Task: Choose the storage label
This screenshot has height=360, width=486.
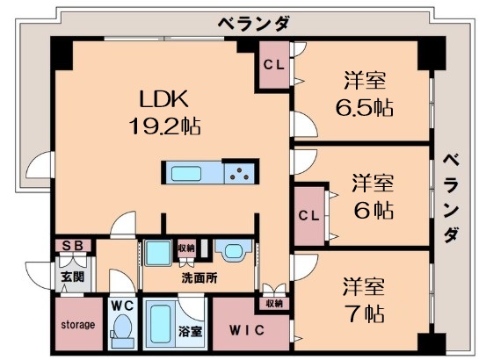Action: tap(76, 325)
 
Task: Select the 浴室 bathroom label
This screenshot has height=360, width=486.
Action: tap(190, 332)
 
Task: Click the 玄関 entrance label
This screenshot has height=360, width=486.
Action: tap(72, 277)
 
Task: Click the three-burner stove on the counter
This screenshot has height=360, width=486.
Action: tap(239, 172)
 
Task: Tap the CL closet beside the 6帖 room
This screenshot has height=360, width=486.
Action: tap(308, 215)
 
